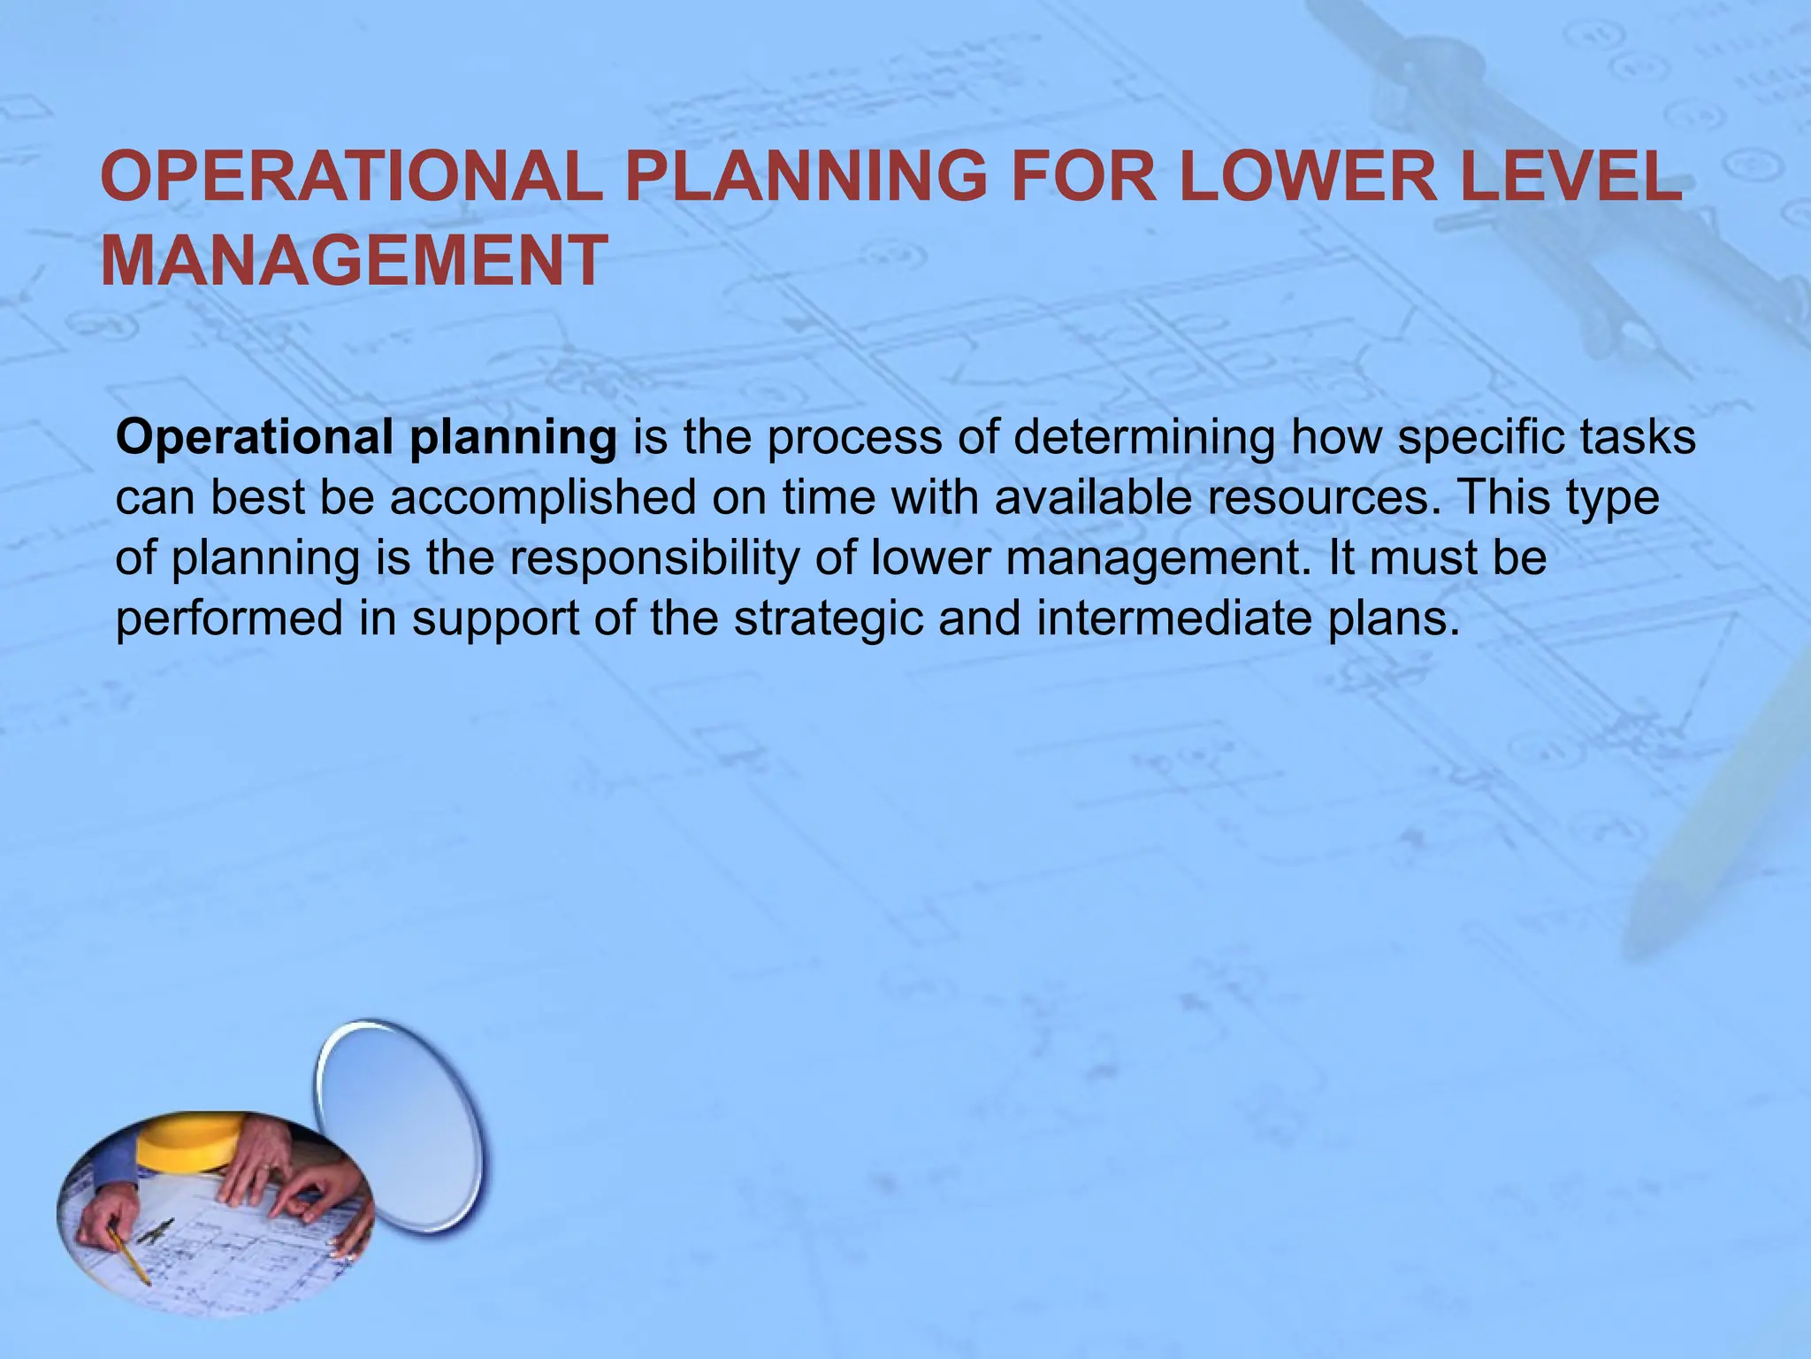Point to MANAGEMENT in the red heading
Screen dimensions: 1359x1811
[x=354, y=261]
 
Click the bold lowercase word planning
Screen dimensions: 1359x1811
[x=513, y=439]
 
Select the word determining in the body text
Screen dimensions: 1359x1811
[x=1143, y=439]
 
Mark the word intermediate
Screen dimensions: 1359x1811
[x=1175, y=618]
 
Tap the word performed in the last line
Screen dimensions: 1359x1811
[x=228, y=619]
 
